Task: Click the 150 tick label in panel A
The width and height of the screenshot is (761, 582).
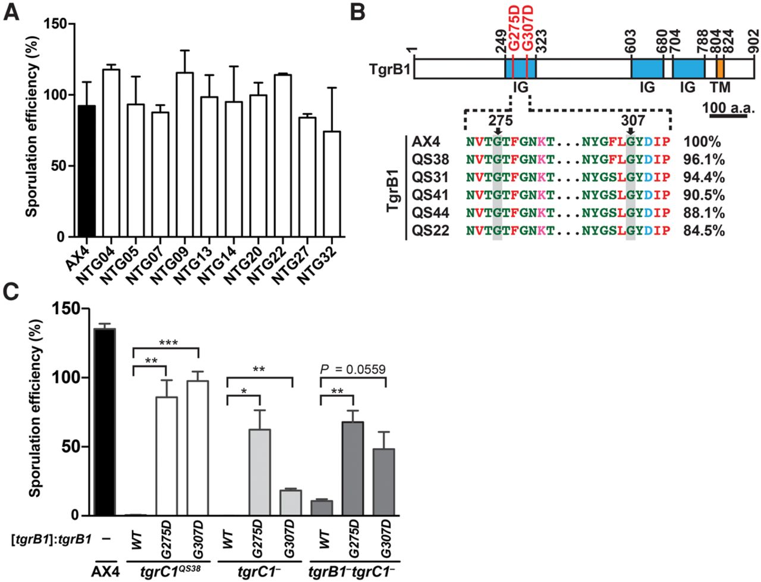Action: (58, 24)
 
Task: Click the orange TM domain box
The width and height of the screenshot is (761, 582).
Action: (720, 68)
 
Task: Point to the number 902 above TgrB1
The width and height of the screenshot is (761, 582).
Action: (753, 42)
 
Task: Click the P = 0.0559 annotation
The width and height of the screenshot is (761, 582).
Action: (353, 370)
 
